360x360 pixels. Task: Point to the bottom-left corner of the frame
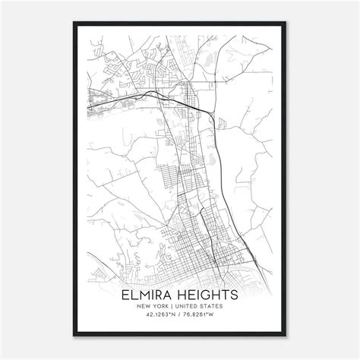coord(73,336)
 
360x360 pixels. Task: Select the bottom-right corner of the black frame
coord(288,336)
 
